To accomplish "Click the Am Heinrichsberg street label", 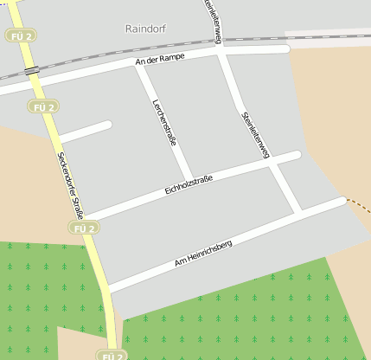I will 203,253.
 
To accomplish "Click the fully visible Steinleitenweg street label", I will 256,134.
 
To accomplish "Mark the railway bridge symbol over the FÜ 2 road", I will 31,69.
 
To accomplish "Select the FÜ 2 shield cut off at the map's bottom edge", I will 112,355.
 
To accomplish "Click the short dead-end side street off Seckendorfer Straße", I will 85,132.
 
